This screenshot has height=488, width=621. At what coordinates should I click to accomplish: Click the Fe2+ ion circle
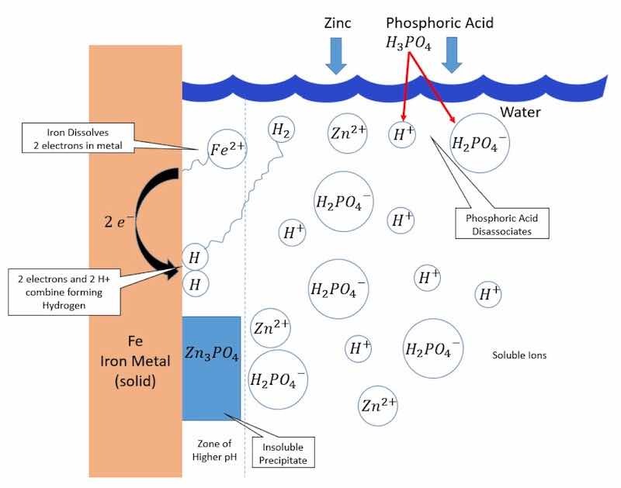(227, 150)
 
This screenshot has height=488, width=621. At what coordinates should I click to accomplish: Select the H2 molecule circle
(282, 131)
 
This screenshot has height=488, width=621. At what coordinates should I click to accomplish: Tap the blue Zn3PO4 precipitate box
(211, 369)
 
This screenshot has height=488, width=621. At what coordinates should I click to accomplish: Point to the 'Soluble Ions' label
(519, 356)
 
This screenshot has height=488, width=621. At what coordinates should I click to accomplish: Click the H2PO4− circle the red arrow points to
(480, 144)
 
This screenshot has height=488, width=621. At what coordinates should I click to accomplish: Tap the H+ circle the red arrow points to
(402, 134)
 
